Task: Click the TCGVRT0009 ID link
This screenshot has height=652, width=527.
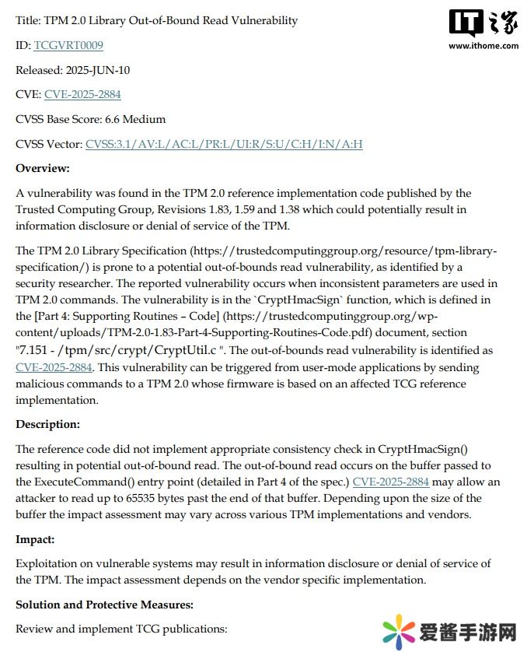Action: tap(68, 45)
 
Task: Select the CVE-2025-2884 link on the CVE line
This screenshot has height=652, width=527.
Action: tap(82, 95)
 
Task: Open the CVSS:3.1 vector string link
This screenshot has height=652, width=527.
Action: tap(224, 144)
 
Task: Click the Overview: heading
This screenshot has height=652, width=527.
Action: tap(43, 168)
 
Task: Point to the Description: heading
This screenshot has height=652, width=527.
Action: tap(47, 424)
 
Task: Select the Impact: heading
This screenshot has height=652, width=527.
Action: tap(36, 538)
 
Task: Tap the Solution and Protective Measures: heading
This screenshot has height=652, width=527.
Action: tap(104, 604)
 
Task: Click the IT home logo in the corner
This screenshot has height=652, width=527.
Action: tap(483, 23)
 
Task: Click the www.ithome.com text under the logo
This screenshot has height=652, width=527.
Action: tap(483, 45)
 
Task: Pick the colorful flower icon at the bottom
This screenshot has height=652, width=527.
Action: tap(399, 630)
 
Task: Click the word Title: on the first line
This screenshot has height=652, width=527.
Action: tap(28, 21)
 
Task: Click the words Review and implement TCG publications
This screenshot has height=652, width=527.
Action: tap(121, 628)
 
